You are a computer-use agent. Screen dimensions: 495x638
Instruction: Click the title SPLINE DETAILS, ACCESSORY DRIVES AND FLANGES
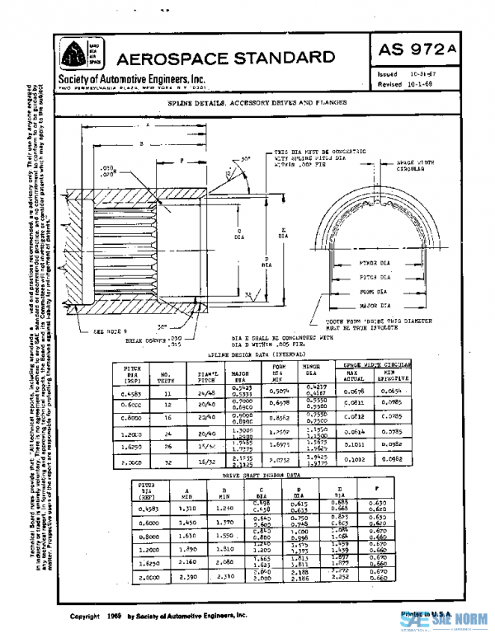[256, 103]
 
